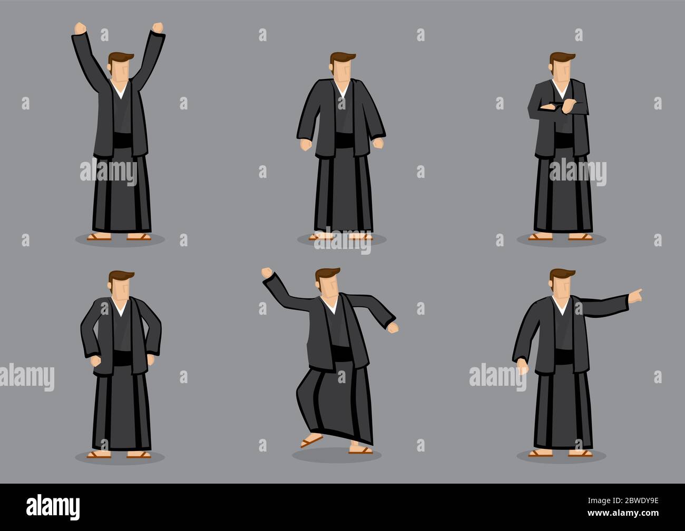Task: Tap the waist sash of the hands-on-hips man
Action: [x=120, y=359]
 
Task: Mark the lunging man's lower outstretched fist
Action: [x=392, y=327]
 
